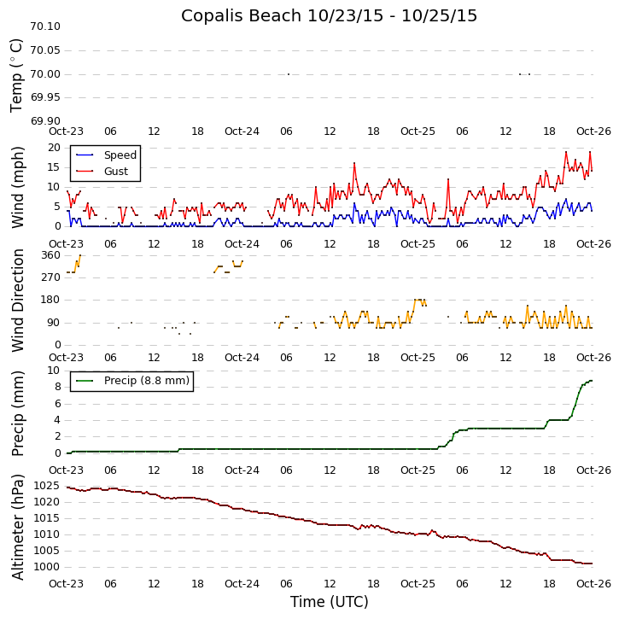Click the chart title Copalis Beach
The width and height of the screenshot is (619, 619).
pyautogui.click(x=329, y=15)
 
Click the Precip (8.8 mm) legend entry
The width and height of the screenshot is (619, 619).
pyautogui.click(x=145, y=381)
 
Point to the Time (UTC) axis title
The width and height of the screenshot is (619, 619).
pyautogui.click(x=329, y=602)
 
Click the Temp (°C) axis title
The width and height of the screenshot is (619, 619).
pyautogui.click(x=17, y=74)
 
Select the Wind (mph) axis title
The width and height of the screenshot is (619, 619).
pyautogui.click(x=17, y=186)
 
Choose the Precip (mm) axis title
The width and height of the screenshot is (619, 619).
pyautogui.click(x=17, y=412)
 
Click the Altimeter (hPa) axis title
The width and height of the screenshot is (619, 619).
pyautogui.click(x=17, y=526)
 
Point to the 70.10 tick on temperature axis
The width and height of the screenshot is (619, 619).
pyautogui.click(x=45, y=26)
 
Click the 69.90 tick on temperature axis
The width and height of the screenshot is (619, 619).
pyautogui.click(x=45, y=121)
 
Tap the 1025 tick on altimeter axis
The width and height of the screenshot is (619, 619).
pyautogui.click(x=46, y=486)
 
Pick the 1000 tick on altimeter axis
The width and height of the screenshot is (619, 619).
pyautogui.click(x=46, y=567)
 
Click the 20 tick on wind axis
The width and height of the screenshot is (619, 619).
pyautogui.click(x=54, y=148)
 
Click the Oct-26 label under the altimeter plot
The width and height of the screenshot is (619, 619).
pyautogui.click(x=593, y=583)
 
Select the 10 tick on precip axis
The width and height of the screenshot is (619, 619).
pyautogui.click(x=54, y=371)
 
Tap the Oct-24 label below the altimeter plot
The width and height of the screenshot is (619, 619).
pyautogui.click(x=242, y=583)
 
